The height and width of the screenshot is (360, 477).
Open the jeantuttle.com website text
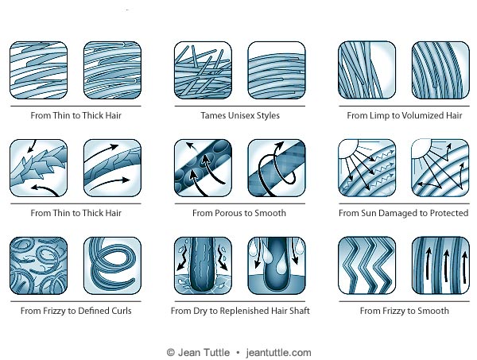pyautogui.click(x=278, y=352)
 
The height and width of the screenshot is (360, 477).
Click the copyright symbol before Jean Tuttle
pyautogui.click(x=170, y=352)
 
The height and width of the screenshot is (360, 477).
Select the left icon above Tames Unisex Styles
pyautogui.click(x=203, y=70)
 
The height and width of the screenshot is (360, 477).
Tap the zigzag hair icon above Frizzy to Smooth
pyautogui.click(x=367, y=265)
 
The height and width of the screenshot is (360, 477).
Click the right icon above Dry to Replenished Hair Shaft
pyautogui.click(x=276, y=265)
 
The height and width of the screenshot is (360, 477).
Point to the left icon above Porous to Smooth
pyautogui.click(x=203, y=168)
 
